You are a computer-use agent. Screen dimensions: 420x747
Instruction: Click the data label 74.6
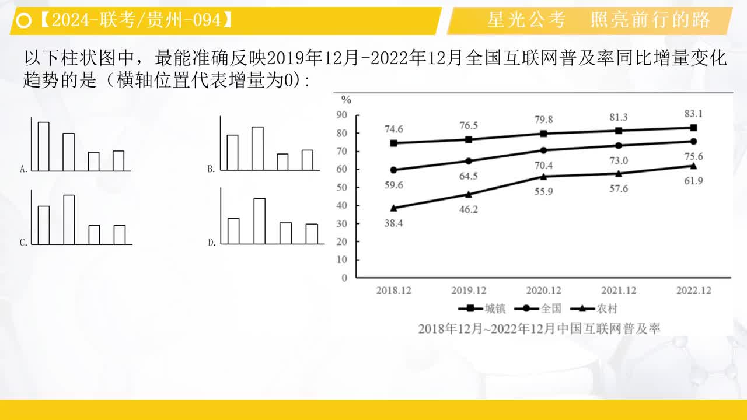click(393, 129)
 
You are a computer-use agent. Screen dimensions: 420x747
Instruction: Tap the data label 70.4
click(544, 164)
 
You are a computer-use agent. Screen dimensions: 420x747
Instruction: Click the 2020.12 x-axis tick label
click(543, 290)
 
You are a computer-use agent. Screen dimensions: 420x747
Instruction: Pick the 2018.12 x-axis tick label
click(393, 290)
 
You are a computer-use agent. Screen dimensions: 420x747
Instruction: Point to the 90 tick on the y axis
click(341, 115)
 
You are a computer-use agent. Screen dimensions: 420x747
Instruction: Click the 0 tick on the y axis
click(344, 278)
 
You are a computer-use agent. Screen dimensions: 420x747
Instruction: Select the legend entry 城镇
click(481, 309)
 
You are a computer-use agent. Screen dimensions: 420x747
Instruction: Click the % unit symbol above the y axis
click(346, 99)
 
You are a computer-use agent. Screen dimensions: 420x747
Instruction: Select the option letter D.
click(212, 243)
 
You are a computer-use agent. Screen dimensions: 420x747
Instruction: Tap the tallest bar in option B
click(257, 148)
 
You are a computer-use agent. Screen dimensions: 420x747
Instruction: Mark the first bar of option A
click(44, 146)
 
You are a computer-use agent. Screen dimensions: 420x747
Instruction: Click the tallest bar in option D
click(259, 220)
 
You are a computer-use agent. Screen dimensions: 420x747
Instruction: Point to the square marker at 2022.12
click(693, 128)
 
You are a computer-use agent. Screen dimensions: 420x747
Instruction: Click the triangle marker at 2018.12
click(393, 208)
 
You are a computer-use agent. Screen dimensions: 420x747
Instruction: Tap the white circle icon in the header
click(24, 22)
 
